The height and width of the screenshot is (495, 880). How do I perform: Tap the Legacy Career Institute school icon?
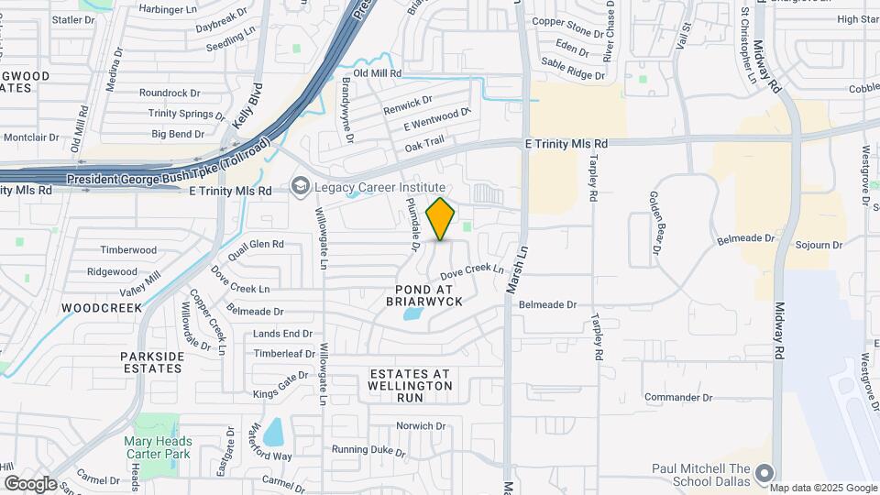(x=300, y=187)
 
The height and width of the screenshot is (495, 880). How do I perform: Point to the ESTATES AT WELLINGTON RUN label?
(x=412, y=379)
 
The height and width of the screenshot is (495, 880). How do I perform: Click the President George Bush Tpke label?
(x=169, y=178)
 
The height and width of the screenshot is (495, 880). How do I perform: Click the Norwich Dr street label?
(x=420, y=426)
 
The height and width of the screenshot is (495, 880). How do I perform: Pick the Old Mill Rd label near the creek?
(x=378, y=73)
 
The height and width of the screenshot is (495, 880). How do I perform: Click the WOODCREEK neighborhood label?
(x=102, y=308)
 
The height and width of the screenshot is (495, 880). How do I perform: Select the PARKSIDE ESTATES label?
(x=151, y=361)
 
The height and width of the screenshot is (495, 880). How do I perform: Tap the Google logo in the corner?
(x=30, y=483)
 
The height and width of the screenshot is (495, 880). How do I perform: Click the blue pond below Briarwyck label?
(x=413, y=315)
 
